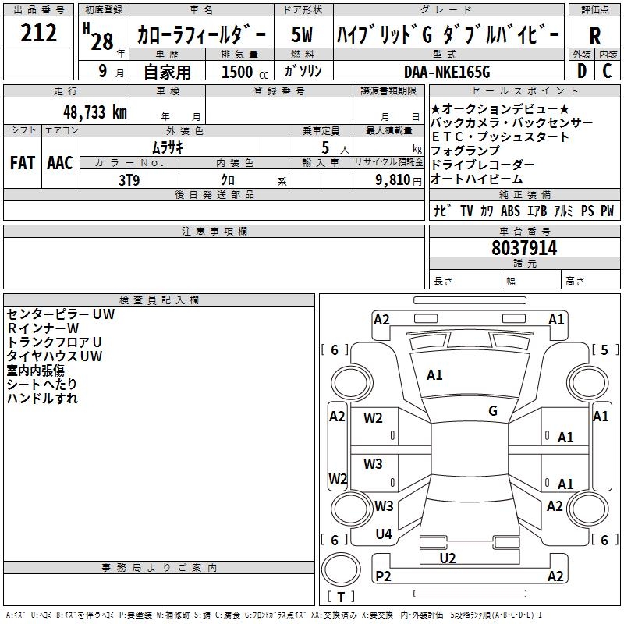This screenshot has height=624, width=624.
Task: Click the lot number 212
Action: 38,33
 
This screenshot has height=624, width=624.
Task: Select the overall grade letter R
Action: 594,36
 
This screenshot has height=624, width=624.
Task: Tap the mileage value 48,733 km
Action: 95,112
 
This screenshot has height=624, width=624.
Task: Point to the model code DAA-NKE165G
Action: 447,72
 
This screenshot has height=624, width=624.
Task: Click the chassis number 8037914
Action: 524,248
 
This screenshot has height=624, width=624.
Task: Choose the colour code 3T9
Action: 129,180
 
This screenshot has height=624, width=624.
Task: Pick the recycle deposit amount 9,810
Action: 392,180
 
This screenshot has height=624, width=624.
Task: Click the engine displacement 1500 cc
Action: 245,72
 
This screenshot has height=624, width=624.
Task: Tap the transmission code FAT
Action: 23,163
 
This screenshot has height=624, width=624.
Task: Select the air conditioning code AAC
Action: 60,163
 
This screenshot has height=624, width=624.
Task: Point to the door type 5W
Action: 302,34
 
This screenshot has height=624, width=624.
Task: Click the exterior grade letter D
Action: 582,71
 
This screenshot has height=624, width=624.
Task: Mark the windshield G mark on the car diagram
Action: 493,410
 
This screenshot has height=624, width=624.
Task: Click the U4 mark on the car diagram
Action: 384,534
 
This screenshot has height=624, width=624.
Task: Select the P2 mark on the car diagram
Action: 383,576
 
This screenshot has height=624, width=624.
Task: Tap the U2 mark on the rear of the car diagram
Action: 447,558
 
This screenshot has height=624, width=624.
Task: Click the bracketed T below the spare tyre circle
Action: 341,597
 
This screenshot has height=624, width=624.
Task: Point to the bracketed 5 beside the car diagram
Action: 604,349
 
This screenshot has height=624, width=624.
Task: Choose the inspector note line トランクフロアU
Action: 54,342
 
